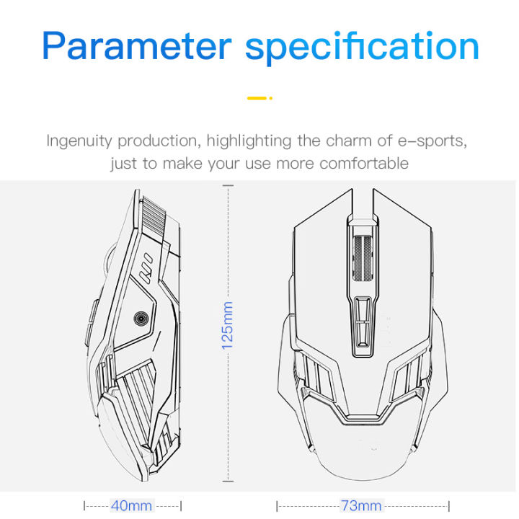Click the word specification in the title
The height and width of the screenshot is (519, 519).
point(363,45)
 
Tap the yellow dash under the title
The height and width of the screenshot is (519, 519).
point(259,98)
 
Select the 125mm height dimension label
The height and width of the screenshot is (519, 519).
point(228,325)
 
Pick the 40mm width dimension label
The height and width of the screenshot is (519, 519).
point(131,505)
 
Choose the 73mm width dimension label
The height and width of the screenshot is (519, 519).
point(361,505)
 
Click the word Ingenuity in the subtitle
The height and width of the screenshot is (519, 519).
point(79,141)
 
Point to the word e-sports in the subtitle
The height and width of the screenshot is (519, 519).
point(432,141)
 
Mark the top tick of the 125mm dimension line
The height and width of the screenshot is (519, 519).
point(228,186)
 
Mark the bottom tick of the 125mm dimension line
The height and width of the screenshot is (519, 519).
point(228,481)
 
